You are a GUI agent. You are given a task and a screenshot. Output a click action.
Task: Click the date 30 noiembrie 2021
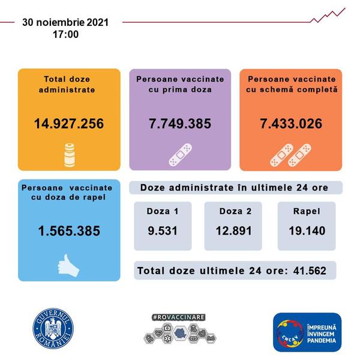(65, 22)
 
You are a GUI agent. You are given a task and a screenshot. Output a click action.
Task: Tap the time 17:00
(65, 34)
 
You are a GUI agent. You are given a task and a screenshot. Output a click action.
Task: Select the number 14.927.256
(69, 124)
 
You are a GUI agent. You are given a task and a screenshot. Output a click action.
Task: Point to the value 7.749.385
(180, 124)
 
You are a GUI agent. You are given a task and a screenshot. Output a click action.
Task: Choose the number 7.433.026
(291, 124)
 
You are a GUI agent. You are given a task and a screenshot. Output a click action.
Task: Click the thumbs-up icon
(68, 265)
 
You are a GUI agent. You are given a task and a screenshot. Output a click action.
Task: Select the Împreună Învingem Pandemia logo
(307, 332)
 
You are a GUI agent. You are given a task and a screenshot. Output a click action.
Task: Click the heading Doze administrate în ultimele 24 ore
(234, 188)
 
